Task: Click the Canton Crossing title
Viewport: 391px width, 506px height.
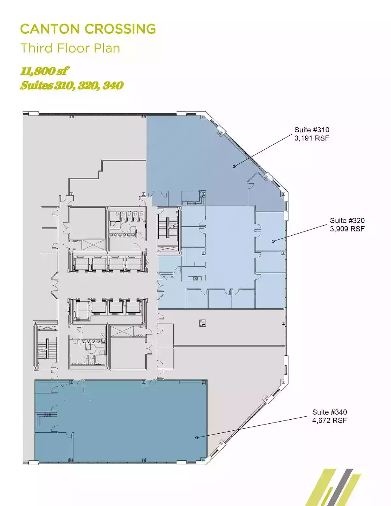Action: coord(88,29)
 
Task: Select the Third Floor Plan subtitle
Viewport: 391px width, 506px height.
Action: coord(70,48)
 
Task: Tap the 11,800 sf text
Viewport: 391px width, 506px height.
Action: coord(44,71)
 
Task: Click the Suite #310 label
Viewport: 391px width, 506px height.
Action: coord(312,130)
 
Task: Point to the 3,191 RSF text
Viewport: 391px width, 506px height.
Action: coord(312,138)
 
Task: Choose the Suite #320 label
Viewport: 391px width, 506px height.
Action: coord(347,220)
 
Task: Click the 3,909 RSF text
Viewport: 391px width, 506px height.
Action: coord(347,229)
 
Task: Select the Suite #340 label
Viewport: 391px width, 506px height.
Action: coord(329,412)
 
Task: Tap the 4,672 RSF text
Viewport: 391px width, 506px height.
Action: coord(329,421)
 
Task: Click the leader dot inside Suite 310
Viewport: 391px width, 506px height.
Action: coord(234,166)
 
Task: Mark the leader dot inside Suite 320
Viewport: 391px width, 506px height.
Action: coord(273,241)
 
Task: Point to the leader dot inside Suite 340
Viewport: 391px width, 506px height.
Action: coord(197,438)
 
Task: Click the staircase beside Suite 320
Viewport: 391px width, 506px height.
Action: coord(168,227)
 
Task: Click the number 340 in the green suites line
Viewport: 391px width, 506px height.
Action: coord(113,86)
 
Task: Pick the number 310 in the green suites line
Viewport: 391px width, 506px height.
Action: coord(65,86)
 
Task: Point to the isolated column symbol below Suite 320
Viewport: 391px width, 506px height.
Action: coord(203,323)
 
